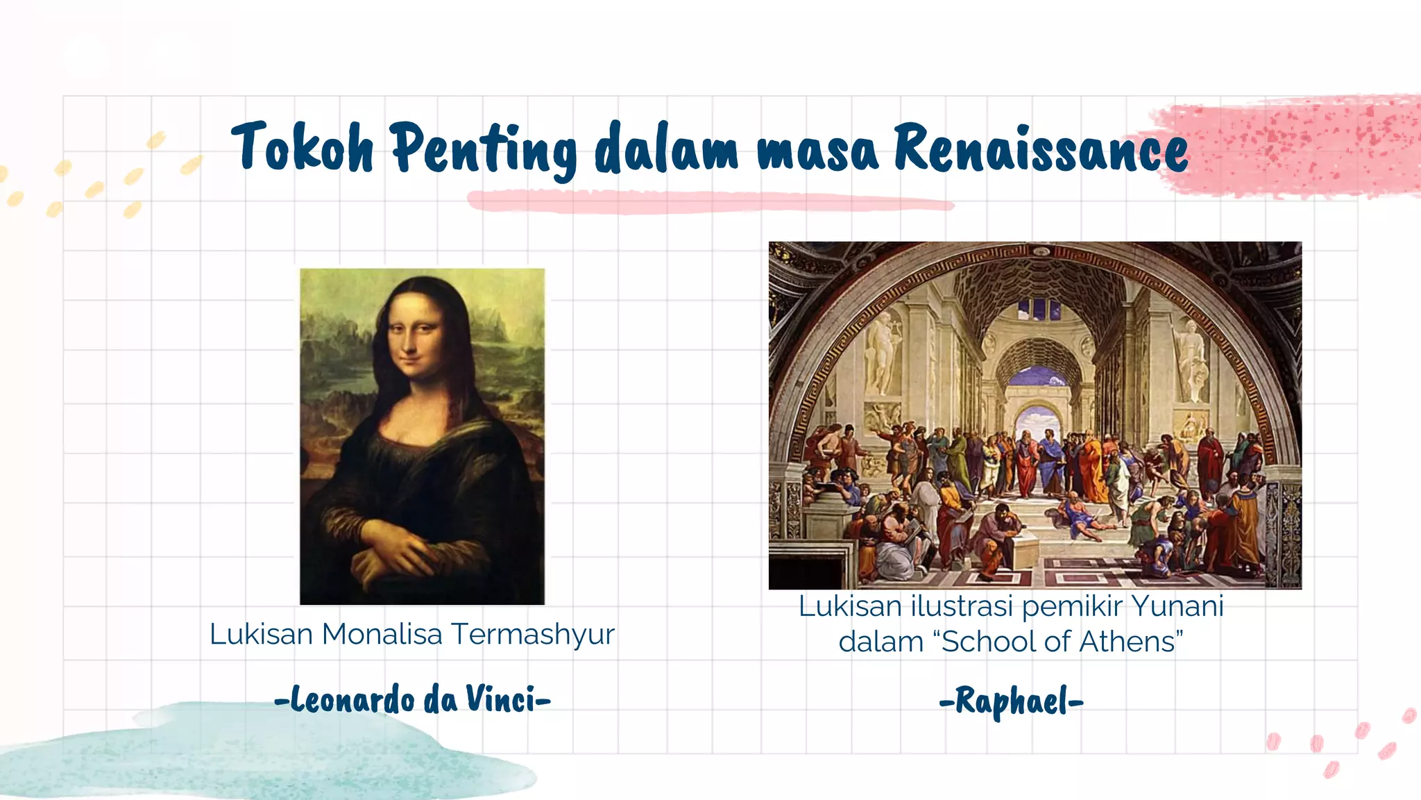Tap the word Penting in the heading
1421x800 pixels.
pyautogui.click(x=483, y=149)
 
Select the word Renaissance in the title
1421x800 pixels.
pyautogui.click(x=1040, y=147)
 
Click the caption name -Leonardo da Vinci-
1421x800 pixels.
pyautogui.click(x=413, y=699)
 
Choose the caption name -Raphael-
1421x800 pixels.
pyautogui.click(x=1011, y=701)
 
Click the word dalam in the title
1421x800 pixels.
pyautogui.click(x=666, y=149)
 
